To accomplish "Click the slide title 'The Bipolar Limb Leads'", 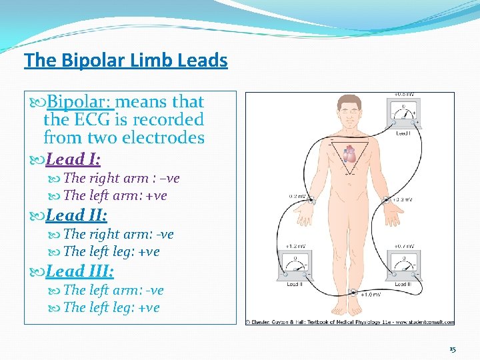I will click(125, 61).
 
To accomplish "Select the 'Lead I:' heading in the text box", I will click(73, 159).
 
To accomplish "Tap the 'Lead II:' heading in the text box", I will click(76, 215).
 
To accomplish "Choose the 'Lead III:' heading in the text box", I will click(79, 271).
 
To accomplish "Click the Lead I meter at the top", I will click(403, 113).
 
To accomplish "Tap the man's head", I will click(349, 106).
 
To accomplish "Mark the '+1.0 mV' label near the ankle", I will click(371, 295).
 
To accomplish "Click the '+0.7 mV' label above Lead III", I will click(404, 246).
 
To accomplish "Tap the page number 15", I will click(453, 349).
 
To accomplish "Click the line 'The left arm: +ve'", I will click(115, 195).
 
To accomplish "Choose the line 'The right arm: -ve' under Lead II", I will click(118, 234).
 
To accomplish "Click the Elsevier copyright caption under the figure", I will click(350, 322).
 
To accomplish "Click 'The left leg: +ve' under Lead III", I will click(111, 307).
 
